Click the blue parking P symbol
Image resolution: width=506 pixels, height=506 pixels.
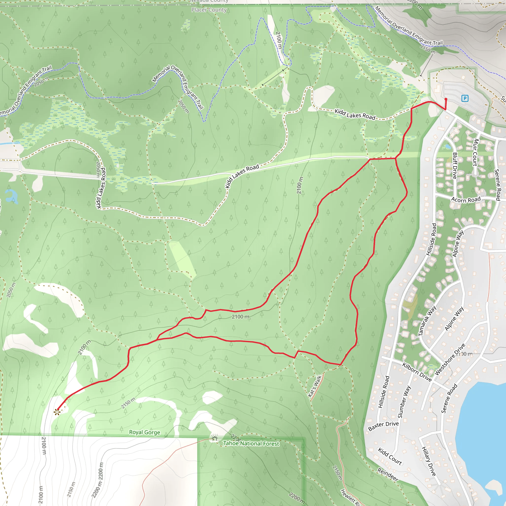click(465, 99)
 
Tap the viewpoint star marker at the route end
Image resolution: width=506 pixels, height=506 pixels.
click(57, 412)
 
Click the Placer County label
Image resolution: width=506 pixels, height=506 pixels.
click(209, 10)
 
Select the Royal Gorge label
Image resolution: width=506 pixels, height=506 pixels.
click(145, 432)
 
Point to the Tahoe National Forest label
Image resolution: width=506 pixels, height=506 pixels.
click(251, 443)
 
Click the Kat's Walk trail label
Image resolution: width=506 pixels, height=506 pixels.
click(315, 386)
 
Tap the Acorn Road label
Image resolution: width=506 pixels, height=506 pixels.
click(466, 200)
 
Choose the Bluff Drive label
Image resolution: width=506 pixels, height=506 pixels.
click(455, 166)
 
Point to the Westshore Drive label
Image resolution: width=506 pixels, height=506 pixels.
click(450, 359)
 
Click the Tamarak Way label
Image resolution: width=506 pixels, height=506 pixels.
click(427, 321)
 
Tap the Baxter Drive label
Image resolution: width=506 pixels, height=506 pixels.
click(383, 426)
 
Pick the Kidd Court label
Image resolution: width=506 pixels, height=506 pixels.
click(390, 456)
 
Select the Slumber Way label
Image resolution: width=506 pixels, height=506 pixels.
click(404, 402)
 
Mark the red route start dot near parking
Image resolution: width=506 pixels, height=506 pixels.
click(446, 99)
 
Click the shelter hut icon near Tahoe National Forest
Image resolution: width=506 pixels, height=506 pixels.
click(215, 438)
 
